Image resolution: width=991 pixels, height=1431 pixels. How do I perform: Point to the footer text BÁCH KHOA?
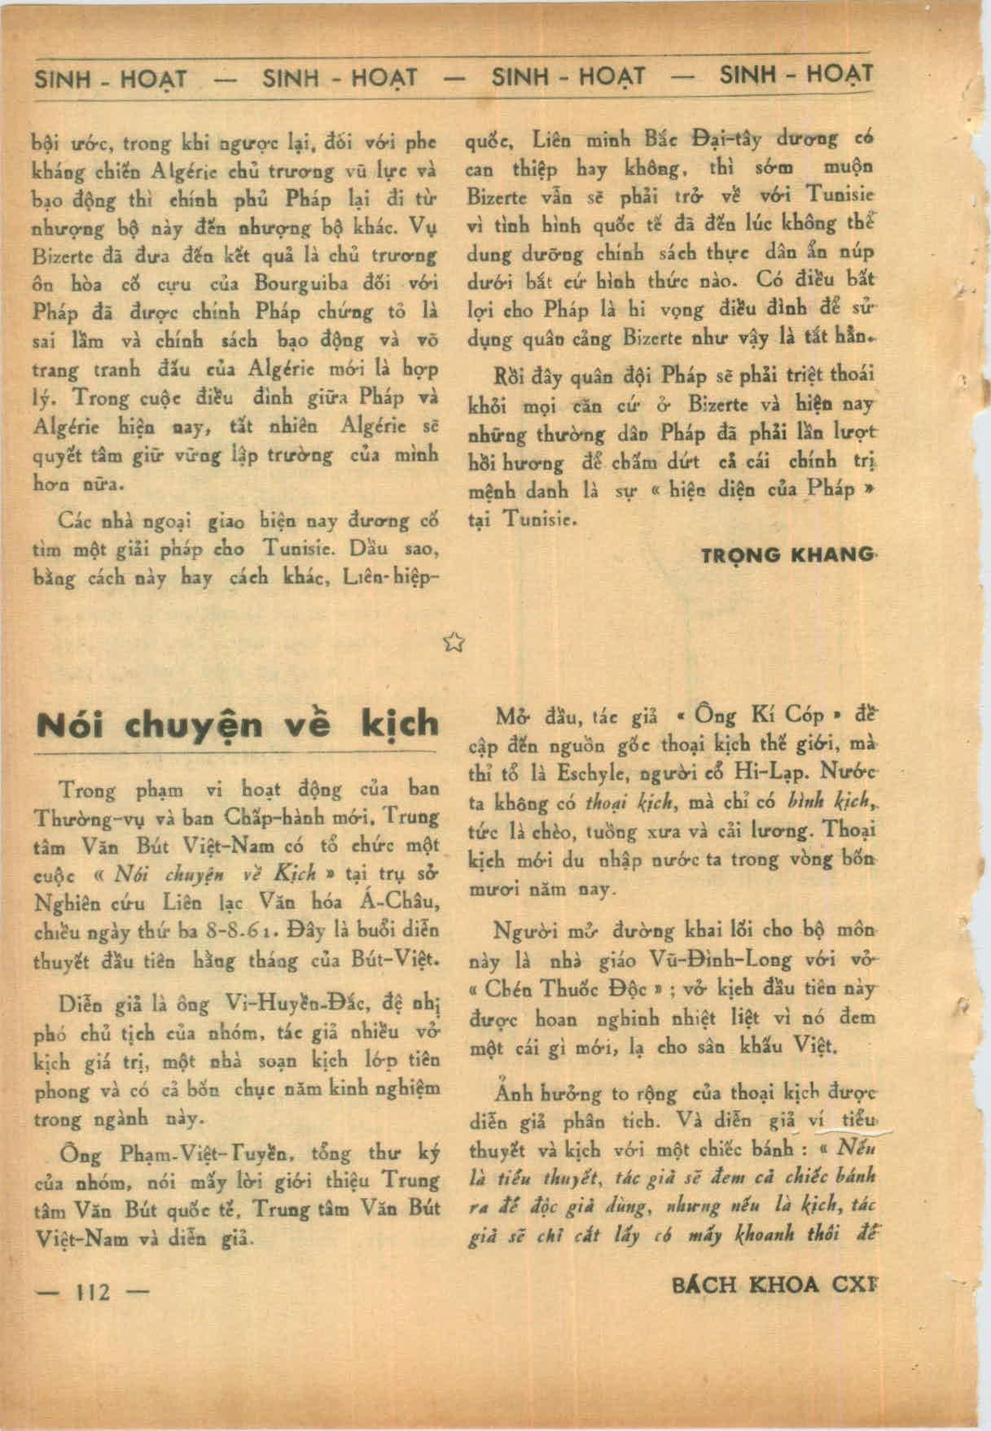[x=748, y=1284]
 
